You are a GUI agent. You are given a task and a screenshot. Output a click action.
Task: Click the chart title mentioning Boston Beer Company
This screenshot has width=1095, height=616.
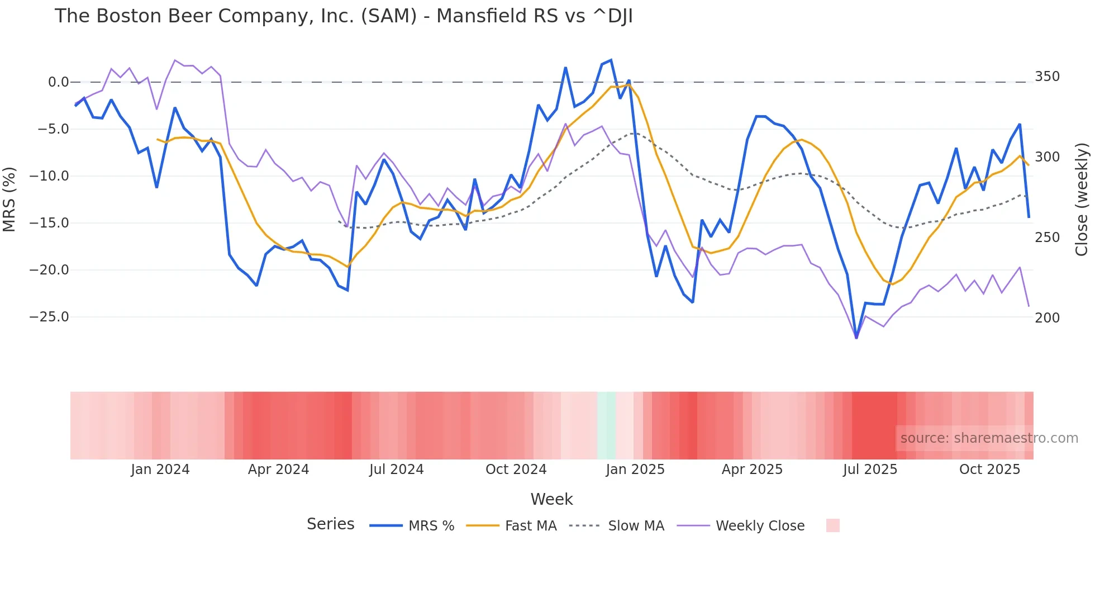[344, 16]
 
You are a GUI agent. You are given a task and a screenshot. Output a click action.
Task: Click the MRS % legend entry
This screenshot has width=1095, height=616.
[412, 525]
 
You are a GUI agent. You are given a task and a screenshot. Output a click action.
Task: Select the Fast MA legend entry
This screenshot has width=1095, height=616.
[511, 525]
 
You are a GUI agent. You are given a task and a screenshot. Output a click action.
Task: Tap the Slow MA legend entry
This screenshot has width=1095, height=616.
[617, 525]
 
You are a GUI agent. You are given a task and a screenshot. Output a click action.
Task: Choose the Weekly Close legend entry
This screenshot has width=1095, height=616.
[741, 525]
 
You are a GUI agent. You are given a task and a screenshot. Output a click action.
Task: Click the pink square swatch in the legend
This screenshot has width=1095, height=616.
[832, 525]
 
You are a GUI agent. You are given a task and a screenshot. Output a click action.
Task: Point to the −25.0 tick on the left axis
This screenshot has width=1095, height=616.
[49, 317]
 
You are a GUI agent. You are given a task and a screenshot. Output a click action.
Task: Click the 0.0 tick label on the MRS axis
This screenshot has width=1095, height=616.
[58, 82]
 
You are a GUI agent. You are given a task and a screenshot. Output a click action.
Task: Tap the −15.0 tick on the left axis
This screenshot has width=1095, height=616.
[49, 223]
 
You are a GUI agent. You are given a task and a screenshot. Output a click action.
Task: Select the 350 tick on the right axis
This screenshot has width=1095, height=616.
[1047, 77]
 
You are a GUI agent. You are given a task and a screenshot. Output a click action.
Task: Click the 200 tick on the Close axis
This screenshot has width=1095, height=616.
[1047, 318]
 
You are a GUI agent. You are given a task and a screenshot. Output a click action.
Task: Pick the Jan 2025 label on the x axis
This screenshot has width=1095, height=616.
[635, 470]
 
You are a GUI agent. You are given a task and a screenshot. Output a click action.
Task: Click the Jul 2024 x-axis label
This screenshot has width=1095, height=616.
[396, 470]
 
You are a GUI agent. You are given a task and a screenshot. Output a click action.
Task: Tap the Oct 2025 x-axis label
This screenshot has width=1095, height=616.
[989, 470]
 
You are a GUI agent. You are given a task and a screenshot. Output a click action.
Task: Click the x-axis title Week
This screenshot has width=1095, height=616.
[551, 499]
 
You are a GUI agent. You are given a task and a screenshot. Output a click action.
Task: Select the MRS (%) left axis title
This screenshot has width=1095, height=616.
[9, 199]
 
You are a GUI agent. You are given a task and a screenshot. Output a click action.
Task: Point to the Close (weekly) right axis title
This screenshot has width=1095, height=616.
[1082, 199]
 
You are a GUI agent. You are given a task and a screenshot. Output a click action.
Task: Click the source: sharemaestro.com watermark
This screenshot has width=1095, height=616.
[989, 438]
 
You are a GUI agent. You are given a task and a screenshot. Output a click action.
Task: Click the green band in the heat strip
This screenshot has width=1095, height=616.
[606, 425]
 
